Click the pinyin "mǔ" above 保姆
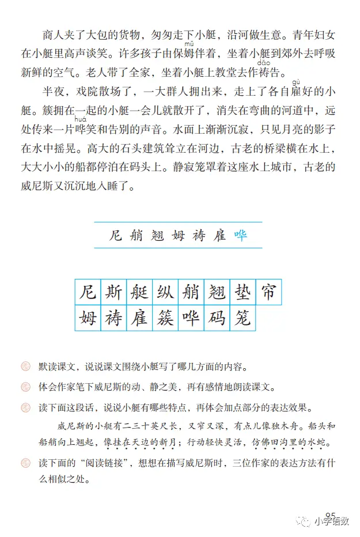click(x=189, y=44)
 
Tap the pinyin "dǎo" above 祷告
click(x=263, y=62)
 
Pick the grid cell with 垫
click(x=242, y=292)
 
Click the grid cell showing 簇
click(x=164, y=318)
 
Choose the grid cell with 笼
click(x=242, y=318)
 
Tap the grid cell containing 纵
click(x=164, y=292)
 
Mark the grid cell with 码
click(x=216, y=318)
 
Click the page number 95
click(x=330, y=515)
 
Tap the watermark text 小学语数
click(x=331, y=522)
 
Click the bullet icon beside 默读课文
click(x=25, y=366)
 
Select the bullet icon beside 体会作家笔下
click(x=25, y=387)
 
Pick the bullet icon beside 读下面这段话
click(x=25, y=408)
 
